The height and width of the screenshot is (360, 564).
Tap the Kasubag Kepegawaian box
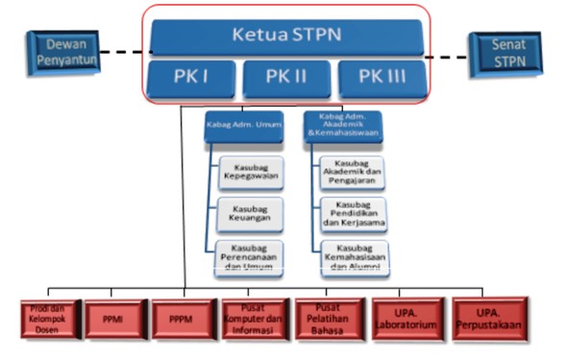pyautogui.click(x=251, y=173)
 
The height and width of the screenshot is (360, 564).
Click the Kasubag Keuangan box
pyautogui.click(x=251, y=215)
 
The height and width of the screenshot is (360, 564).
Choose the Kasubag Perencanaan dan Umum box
pyautogui.click(x=251, y=257)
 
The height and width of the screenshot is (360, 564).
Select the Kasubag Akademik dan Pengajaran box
pyautogui.click(x=353, y=173)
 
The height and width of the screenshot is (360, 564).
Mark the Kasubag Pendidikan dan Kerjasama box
pyautogui.click(x=353, y=215)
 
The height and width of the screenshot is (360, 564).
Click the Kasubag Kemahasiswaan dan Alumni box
pyautogui.click(x=353, y=257)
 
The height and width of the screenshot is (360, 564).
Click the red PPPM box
pyautogui.click(x=183, y=320)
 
